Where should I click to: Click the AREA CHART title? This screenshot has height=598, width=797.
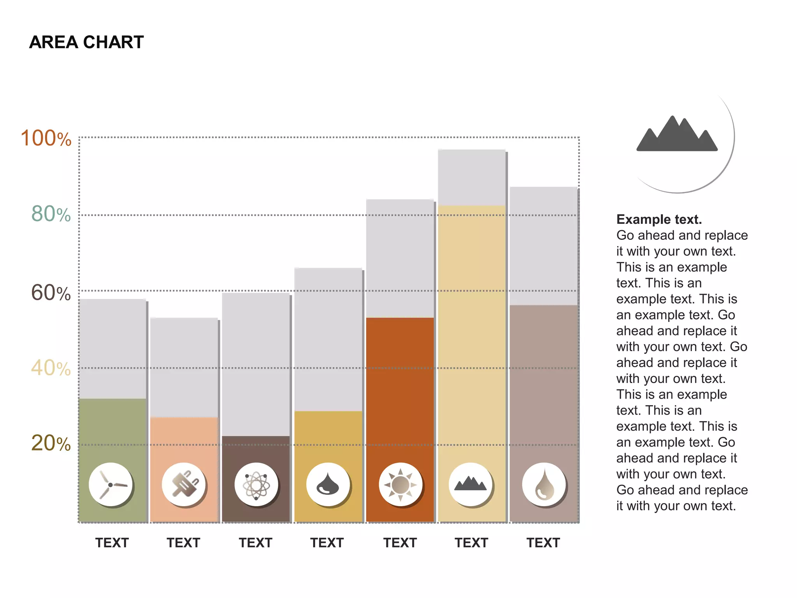86,42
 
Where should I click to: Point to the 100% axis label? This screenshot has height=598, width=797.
46,139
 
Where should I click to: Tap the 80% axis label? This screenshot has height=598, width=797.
51,214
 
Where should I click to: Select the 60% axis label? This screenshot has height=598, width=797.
51,293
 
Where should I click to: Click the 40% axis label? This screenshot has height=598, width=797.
51,368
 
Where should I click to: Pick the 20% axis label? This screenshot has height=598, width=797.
51,443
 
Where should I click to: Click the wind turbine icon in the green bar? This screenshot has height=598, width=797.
111,485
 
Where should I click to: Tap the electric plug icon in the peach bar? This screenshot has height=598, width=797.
184,485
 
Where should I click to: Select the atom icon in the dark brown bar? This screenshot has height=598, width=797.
256,485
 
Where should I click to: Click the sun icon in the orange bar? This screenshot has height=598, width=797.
400,485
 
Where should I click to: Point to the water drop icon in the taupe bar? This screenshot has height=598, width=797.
544,485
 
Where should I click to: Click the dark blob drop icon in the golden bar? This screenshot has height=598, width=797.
328,485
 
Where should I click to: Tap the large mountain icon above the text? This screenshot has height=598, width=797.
677,134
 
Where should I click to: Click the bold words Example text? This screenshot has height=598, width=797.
659,220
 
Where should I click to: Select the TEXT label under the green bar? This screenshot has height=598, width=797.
112,543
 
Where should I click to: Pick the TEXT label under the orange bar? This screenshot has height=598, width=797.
400,543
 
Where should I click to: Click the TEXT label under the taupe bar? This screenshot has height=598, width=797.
543,543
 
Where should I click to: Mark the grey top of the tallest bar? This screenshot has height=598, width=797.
471,178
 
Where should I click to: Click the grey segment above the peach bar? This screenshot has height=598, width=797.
184,367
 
